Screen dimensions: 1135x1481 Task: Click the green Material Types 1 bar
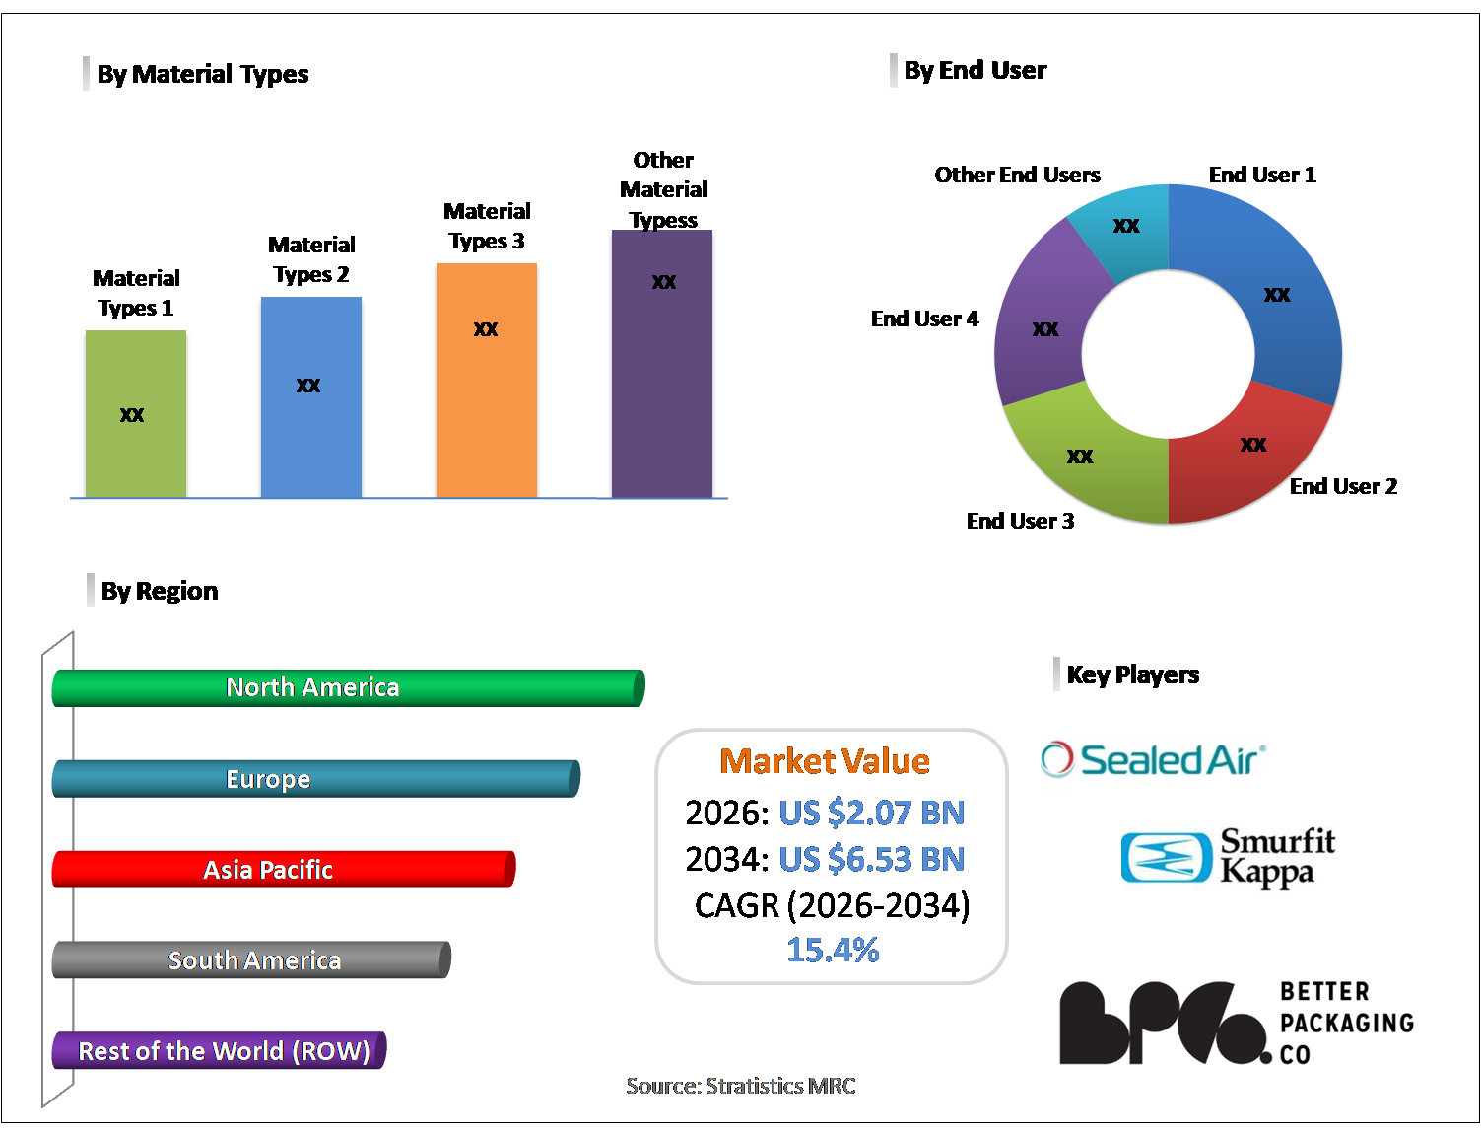pos(136,413)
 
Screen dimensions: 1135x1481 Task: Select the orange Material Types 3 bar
pos(487,380)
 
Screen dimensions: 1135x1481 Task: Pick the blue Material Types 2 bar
pos(311,396)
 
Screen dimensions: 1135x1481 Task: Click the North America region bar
pos(348,687)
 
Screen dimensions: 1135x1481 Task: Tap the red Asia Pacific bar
pos(283,870)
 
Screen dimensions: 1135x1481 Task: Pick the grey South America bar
pos(251,960)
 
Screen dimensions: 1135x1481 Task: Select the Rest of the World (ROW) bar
pos(219,1051)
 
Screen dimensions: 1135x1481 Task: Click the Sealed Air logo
pos(1153,759)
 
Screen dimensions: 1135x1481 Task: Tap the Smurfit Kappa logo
pos(1228,856)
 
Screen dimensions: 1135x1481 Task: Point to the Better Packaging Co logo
pos(1236,1023)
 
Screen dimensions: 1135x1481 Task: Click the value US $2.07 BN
pos(871,813)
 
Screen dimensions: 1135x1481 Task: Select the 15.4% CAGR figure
pos(833,950)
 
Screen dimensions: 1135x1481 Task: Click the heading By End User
pos(975,71)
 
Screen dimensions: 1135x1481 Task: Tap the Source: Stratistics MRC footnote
pos(741,1086)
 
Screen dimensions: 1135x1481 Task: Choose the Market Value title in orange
pos(825,761)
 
